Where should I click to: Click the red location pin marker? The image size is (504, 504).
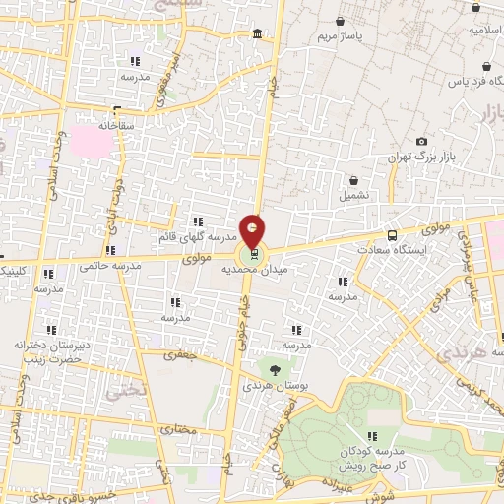point(253,231)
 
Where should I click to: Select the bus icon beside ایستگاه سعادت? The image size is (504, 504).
point(393,236)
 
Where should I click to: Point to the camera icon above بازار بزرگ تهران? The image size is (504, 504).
point(422,142)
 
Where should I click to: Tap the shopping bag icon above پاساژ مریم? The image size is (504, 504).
point(341,21)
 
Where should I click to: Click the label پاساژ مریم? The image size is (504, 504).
point(341,37)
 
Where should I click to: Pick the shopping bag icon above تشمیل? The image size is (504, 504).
point(354,180)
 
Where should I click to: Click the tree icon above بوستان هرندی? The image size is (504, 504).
point(274,370)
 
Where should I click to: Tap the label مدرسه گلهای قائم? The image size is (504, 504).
point(197,238)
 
